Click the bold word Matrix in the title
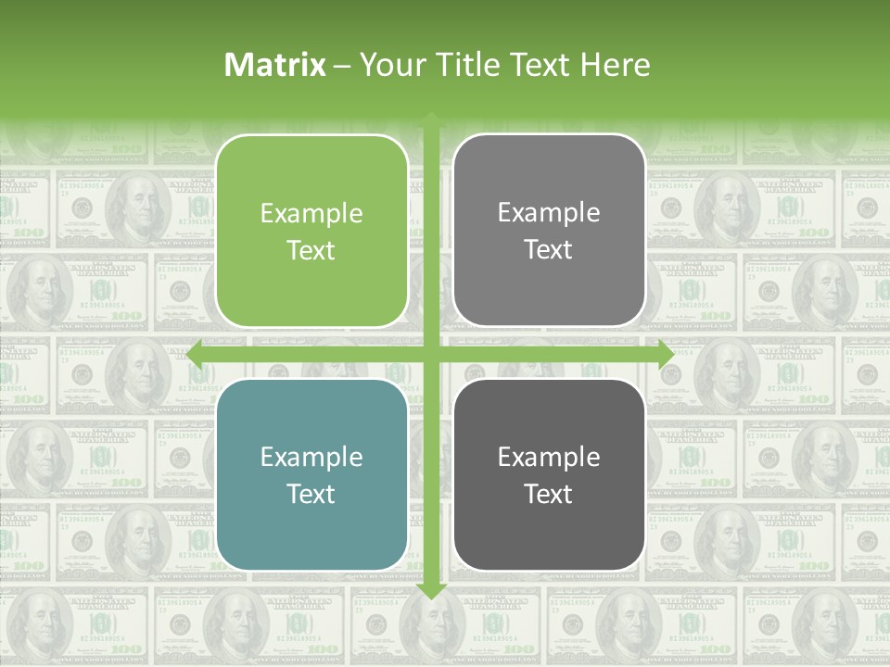pyautogui.click(x=275, y=65)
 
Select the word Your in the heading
pyautogui.click(x=389, y=65)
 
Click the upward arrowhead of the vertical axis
pyautogui.click(x=431, y=120)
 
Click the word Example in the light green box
pyautogui.click(x=311, y=214)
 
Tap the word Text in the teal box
pyautogui.click(x=311, y=494)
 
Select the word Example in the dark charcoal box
pyautogui.click(x=549, y=457)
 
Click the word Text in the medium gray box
pyautogui.click(x=549, y=250)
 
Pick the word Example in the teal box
pyautogui.click(x=311, y=457)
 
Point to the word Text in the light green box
pyautogui.click(x=311, y=251)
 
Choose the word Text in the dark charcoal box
pyautogui.click(x=549, y=494)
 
